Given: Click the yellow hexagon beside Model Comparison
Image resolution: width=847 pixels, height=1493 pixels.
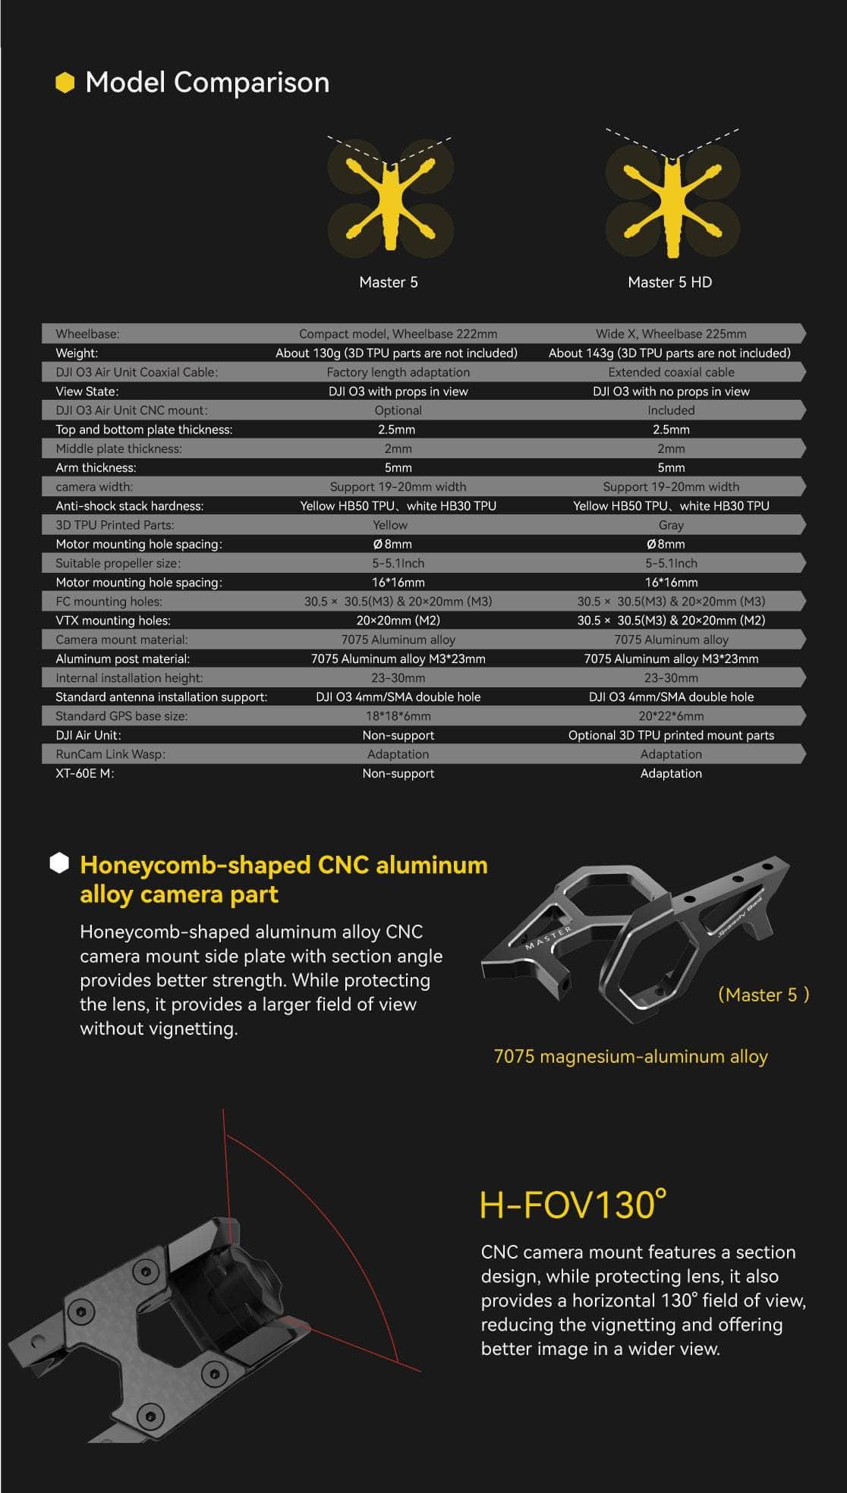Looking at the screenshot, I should (x=65, y=83).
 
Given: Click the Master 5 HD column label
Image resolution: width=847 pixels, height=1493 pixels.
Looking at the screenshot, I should (x=669, y=282).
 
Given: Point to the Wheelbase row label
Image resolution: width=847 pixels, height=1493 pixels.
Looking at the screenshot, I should (x=87, y=334).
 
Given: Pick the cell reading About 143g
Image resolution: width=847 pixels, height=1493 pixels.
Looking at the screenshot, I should (x=669, y=353).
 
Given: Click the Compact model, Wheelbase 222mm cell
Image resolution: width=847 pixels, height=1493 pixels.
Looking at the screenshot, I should (x=398, y=334).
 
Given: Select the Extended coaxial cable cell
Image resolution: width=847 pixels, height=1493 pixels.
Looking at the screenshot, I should (x=671, y=372).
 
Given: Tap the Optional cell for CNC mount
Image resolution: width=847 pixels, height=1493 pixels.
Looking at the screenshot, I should (x=398, y=410).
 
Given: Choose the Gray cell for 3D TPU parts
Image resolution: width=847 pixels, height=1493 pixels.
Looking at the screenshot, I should (x=671, y=525).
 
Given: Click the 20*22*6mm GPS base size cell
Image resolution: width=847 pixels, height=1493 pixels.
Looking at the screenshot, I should (x=671, y=716).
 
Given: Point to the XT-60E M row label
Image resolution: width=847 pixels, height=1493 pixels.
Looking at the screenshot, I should (x=84, y=773).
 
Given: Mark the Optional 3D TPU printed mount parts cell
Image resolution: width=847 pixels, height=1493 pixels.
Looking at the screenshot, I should (x=671, y=735).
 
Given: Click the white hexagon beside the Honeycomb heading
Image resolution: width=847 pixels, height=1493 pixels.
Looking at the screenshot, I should (x=59, y=863).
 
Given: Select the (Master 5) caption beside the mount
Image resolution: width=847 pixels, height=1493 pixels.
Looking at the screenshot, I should (x=763, y=995).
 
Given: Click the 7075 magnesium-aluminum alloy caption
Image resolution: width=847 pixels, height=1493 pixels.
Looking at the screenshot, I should (x=631, y=1057).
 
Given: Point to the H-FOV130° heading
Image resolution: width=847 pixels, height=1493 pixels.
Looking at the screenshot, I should (x=573, y=1205).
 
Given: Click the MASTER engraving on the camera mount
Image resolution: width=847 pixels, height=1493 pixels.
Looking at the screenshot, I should (x=549, y=938).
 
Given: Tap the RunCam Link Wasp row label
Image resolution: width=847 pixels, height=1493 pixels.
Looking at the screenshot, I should (x=110, y=754).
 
